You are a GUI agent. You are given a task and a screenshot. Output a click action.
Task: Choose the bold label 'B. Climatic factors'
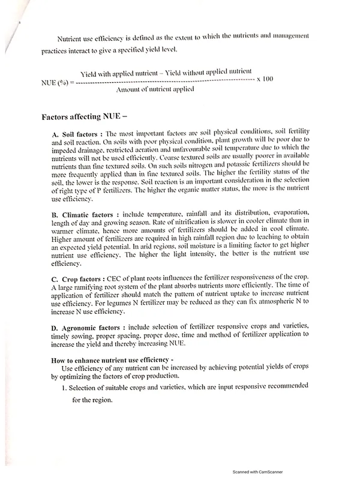click(x=83, y=214)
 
